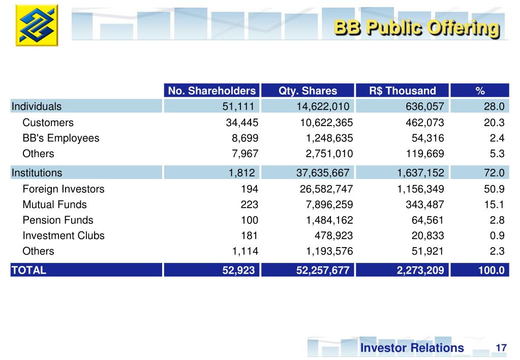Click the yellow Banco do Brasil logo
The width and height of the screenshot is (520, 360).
(37, 25)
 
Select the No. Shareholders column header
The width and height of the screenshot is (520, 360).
(211, 91)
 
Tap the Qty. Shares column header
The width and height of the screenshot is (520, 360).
(308, 91)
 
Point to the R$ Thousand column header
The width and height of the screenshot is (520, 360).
(403, 91)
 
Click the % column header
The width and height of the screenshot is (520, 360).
(480, 91)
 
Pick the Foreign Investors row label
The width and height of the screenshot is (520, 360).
(64, 189)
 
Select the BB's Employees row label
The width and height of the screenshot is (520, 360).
(61, 138)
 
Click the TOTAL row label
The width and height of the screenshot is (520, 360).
(29, 270)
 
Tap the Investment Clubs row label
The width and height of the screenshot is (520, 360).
(64, 235)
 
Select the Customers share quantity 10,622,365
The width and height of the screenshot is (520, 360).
(325, 123)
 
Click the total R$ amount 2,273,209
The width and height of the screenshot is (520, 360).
(420, 270)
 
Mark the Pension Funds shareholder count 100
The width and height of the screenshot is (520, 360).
(250, 220)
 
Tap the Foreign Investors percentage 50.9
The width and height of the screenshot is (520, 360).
(494, 189)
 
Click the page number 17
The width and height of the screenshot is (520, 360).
(501, 348)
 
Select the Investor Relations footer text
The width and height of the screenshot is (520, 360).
(412, 348)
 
